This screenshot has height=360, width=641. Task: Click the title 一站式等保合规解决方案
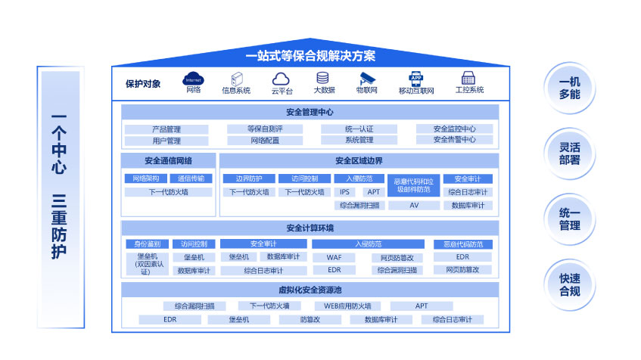pyautogui.click(x=310, y=56)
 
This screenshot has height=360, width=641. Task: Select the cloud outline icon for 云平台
pyautogui.click(x=282, y=79)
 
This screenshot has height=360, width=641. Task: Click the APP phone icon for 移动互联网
pyautogui.click(x=415, y=78)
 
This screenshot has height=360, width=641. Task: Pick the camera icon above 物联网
pyautogui.click(x=367, y=78)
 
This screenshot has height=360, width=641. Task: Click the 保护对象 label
pyautogui.click(x=143, y=84)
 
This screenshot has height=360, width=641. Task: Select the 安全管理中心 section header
pyautogui.click(x=310, y=112)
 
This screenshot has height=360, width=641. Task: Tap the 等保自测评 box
pyautogui.click(x=264, y=129)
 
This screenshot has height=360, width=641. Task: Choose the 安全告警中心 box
pyautogui.click(x=454, y=140)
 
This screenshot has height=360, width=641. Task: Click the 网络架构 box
pyautogui.click(x=145, y=179)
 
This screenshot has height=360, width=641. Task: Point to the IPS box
pyautogui.click(x=344, y=192)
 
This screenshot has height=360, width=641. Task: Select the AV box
pyautogui.click(x=414, y=205)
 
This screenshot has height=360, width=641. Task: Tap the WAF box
pyautogui.click(x=335, y=257)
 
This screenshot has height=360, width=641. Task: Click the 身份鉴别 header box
pyautogui.click(x=147, y=244)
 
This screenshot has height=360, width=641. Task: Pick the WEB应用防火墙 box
pyautogui.click(x=347, y=306)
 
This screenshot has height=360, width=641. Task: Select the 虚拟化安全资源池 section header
pyautogui.click(x=310, y=290)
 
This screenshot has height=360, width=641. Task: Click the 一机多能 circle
pyautogui.click(x=569, y=89)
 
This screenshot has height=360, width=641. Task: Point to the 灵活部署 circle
pyautogui.click(x=569, y=154)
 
